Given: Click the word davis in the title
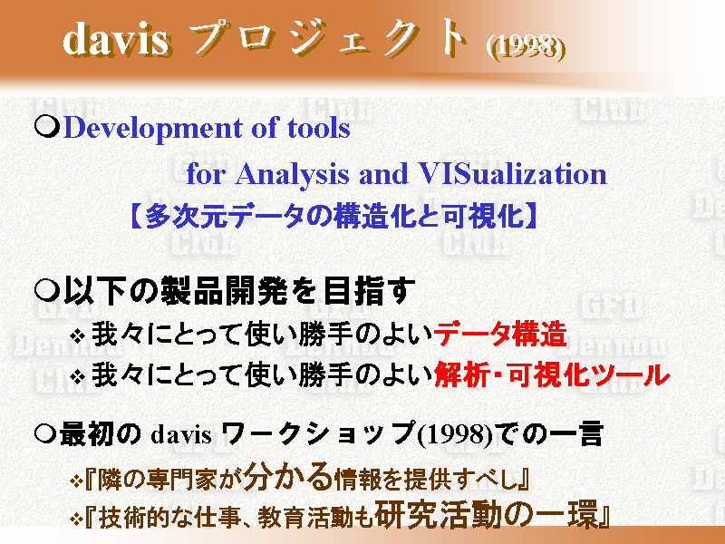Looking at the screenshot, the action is tap(116, 39).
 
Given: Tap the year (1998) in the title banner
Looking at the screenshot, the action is tap(526, 47).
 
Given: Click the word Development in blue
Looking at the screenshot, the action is tap(152, 128).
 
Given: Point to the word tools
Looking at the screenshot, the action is tap(319, 128).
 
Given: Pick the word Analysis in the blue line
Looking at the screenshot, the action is tap(293, 175).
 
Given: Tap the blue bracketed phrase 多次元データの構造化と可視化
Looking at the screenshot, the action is tap(333, 215).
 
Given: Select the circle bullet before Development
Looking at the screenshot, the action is tap(47, 126).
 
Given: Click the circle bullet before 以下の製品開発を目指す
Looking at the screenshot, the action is tap(47, 291).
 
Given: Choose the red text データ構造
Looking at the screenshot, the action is tap(501, 333).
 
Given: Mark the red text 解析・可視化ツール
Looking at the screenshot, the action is tap(552, 374).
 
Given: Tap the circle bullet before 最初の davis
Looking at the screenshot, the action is tap(45, 434).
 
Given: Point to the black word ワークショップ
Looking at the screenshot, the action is tap(319, 433).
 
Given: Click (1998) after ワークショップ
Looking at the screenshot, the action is tap(456, 434).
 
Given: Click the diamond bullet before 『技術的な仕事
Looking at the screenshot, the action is tap(76, 519).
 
